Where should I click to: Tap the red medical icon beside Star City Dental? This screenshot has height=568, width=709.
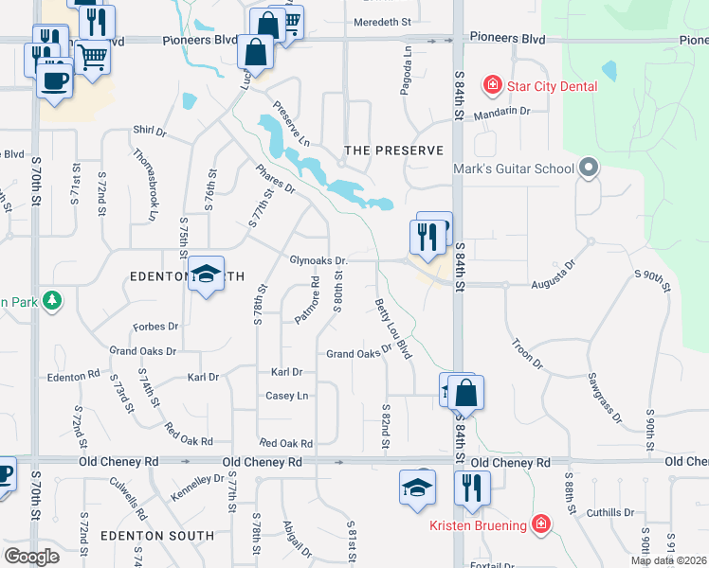tap(492, 87)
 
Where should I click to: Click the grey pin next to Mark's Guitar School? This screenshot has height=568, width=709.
tap(589, 169)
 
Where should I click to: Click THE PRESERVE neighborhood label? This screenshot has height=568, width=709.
tap(393, 151)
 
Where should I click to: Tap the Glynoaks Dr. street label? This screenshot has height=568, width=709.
tap(318, 260)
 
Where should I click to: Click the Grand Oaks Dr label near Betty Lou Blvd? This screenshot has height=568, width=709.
tap(359, 353)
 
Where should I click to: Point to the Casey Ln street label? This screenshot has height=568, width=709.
tap(287, 396)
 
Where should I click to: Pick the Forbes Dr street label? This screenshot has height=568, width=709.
tap(157, 327)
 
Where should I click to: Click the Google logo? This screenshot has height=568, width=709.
tap(31, 557)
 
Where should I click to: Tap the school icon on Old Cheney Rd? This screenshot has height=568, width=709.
tap(418, 487)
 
